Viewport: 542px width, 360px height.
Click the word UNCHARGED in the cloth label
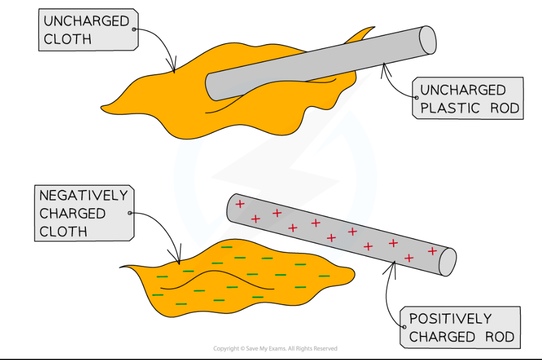86,22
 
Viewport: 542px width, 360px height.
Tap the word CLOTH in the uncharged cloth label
67,39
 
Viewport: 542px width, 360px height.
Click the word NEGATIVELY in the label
83,195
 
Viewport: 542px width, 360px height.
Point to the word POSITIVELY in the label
450,319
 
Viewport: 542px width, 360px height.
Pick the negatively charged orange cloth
235,276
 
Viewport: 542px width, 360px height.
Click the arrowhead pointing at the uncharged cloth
173,69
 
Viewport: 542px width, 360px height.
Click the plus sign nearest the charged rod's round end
433,251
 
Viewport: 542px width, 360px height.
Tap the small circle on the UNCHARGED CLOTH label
134,29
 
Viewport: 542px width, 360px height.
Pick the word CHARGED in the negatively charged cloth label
72,213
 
